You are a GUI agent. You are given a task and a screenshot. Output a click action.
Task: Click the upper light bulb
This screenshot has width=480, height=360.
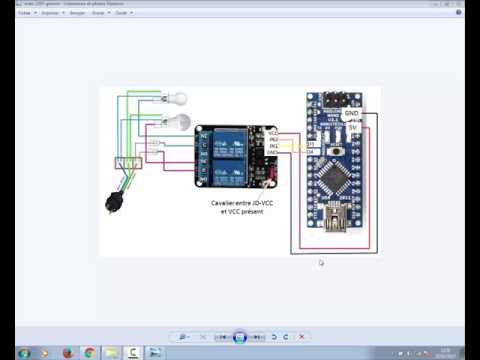click(x=177, y=99)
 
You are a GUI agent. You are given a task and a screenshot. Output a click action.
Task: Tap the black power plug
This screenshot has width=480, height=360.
click(x=112, y=203)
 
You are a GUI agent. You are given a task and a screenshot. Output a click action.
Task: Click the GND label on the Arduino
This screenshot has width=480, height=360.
click(x=351, y=114)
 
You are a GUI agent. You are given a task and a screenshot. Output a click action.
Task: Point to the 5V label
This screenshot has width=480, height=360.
click(x=352, y=127)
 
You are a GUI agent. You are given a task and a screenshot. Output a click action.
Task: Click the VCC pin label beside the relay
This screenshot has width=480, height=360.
click(x=273, y=131)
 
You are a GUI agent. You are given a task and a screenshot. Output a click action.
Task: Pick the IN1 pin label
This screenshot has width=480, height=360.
click(x=273, y=145)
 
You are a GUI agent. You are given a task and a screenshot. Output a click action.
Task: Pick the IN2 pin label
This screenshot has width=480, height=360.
click(x=273, y=138)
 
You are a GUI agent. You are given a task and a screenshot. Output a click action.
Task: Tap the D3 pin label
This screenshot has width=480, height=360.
click(x=311, y=144)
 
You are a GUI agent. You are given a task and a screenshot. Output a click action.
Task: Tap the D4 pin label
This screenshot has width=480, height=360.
click(x=311, y=151)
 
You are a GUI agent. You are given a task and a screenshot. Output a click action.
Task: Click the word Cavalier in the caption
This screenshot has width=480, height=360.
click(x=222, y=202)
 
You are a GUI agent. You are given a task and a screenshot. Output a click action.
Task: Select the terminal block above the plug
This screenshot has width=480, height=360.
click(x=126, y=163)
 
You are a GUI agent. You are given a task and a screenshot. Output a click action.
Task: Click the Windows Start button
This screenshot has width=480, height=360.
click(x=23, y=352)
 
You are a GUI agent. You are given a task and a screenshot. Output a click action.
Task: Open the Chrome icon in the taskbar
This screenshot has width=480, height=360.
click(x=89, y=352)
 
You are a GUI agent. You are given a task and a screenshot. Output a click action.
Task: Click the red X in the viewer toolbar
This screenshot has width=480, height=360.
click(x=302, y=337)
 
